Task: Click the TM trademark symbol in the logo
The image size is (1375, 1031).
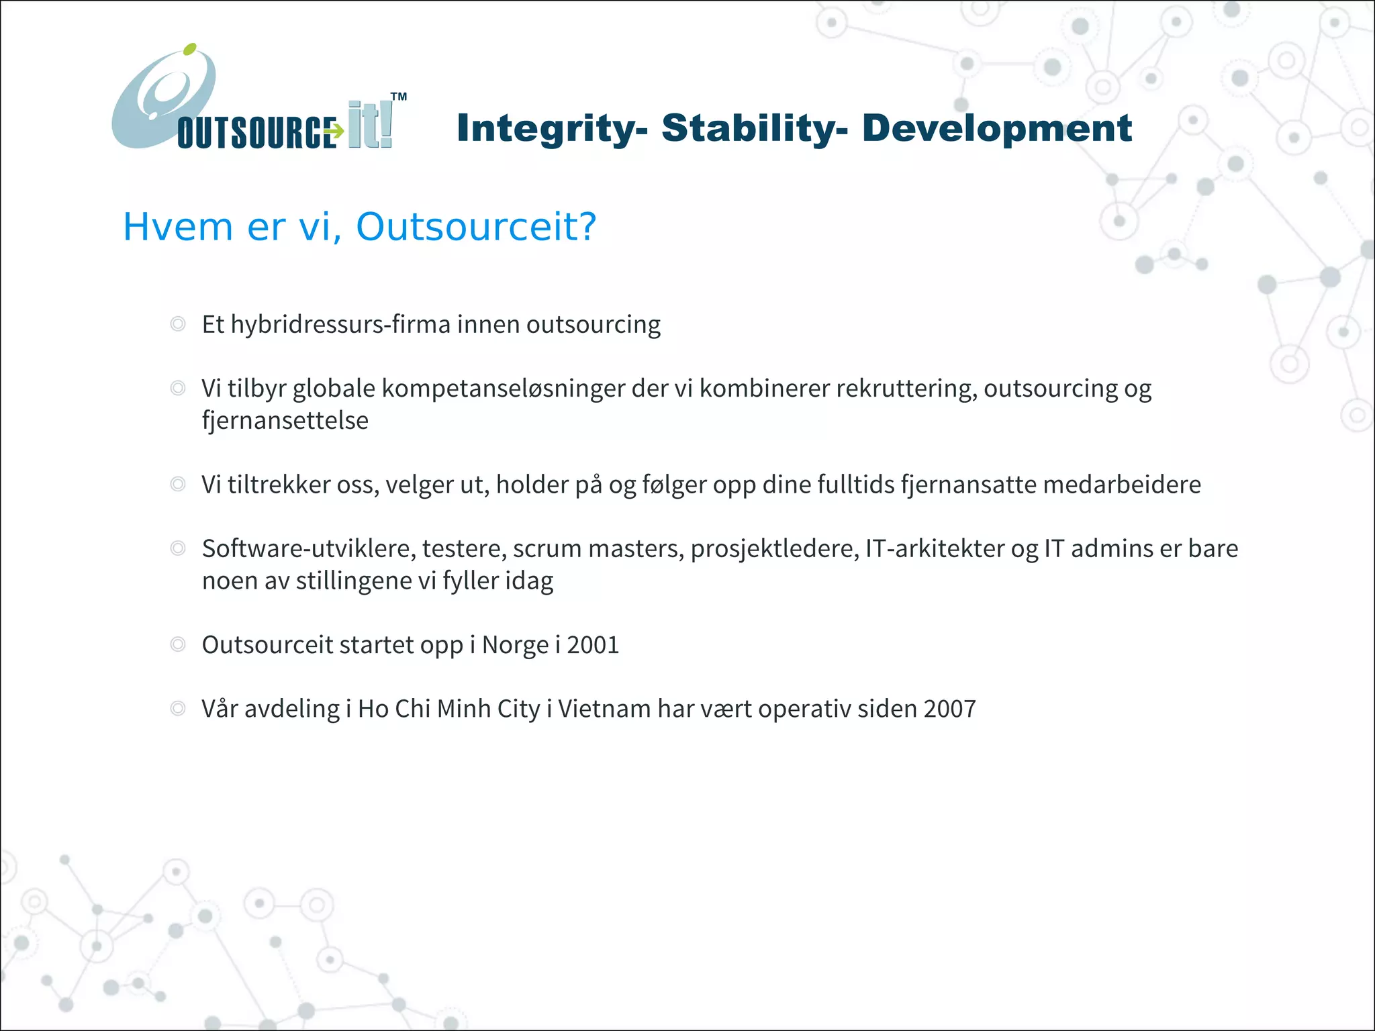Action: [399, 97]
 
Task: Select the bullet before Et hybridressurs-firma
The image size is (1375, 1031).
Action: [178, 324]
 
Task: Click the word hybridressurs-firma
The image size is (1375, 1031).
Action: [340, 325]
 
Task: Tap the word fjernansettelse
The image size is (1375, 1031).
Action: [285, 421]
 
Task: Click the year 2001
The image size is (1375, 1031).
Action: [593, 645]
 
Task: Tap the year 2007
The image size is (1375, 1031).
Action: [949, 709]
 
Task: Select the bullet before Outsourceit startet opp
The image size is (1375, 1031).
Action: [178, 644]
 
